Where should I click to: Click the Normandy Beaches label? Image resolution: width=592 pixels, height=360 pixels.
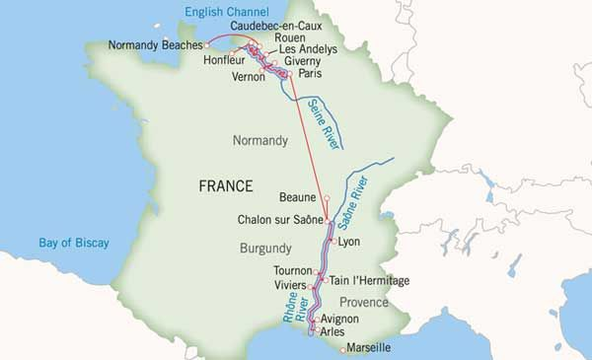[x=155, y=45]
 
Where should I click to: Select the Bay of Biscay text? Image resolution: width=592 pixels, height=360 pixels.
[x=74, y=243]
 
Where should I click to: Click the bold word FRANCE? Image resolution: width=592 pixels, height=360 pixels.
[x=226, y=185]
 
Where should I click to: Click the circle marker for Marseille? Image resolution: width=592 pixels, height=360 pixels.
[x=342, y=349]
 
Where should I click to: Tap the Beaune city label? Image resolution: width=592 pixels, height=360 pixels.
[x=298, y=197]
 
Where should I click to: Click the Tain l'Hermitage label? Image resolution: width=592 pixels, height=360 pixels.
[x=368, y=280]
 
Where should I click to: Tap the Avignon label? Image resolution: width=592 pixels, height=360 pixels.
[x=339, y=319]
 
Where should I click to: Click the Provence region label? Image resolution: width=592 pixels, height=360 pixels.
[x=364, y=302]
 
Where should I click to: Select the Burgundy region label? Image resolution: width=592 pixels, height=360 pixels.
[x=265, y=249]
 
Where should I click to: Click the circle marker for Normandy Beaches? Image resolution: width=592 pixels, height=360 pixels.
[x=206, y=45]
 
